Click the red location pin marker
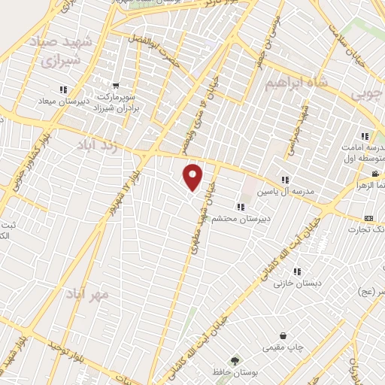coord(193,177)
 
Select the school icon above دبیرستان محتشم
coord(240,207)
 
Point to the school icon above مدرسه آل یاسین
coord(284,180)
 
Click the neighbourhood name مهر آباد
coord(87,293)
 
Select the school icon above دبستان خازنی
coord(297,271)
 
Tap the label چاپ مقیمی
coord(280,347)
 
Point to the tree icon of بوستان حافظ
coord(234,361)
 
